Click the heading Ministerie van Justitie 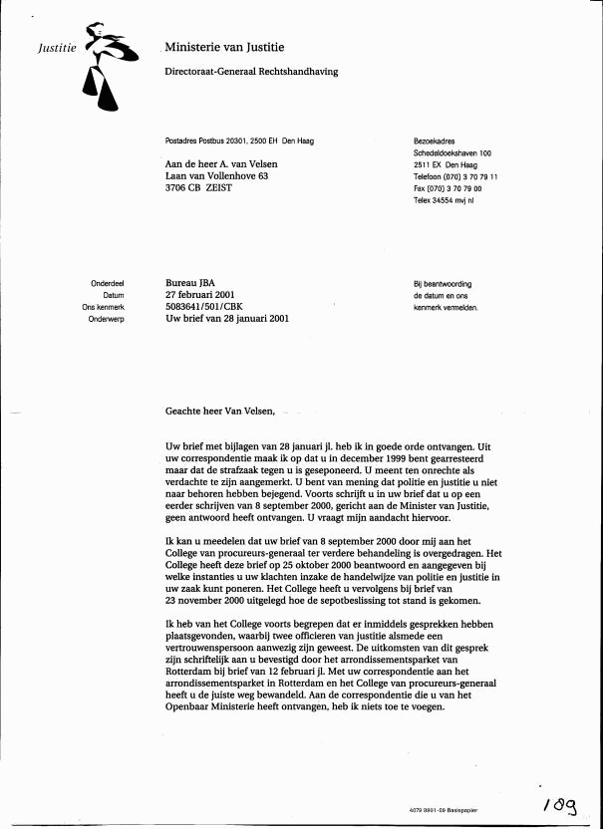[224, 47]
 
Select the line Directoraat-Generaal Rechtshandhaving [251, 72]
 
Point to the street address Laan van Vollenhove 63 [216, 176]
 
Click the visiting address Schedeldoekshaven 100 [452, 152]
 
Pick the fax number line [448, 188]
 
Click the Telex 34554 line [444, 200]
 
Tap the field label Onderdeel [107, 284]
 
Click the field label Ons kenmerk [103, 308]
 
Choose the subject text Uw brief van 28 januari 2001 [227, 320]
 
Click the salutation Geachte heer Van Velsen [223, 411]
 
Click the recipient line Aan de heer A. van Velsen [221, 164]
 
